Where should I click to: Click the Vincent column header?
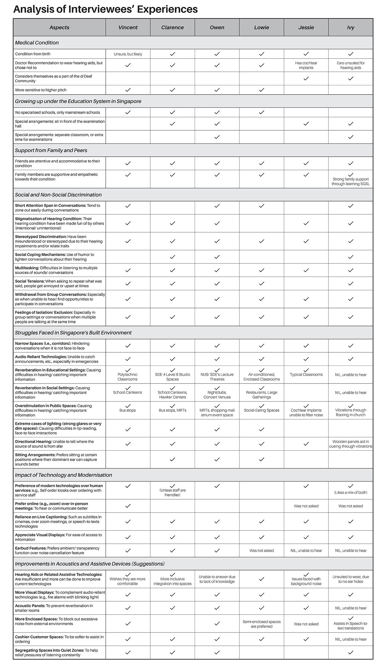pos(128,28)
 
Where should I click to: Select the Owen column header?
pos(217,28)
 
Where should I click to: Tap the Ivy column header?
pos(351,28)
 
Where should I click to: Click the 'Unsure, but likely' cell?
pos(128,54)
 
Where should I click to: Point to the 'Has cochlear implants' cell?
pos(306,65)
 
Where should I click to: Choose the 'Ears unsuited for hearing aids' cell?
pos(351,65)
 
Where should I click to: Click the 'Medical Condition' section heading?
pos(37,43)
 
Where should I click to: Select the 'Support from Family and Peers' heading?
pos(51,151)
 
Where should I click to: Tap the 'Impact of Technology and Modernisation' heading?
pos(64,475)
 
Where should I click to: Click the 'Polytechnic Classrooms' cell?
pos(128,377)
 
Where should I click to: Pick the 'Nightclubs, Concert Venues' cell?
pos(217,395)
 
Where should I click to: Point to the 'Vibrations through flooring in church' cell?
pos(351,412)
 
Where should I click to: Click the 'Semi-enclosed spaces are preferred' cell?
pos(262,624)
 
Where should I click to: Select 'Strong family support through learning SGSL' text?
pos(351,182)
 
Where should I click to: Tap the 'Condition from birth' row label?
pos(33,54)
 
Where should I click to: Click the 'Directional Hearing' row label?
pos(33,441)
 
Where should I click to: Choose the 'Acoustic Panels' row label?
pos(31,605)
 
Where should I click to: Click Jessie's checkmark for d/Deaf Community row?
pos(306,79)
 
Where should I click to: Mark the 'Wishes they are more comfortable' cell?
pos(128,581)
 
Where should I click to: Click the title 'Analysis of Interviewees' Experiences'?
pos(106,9)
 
